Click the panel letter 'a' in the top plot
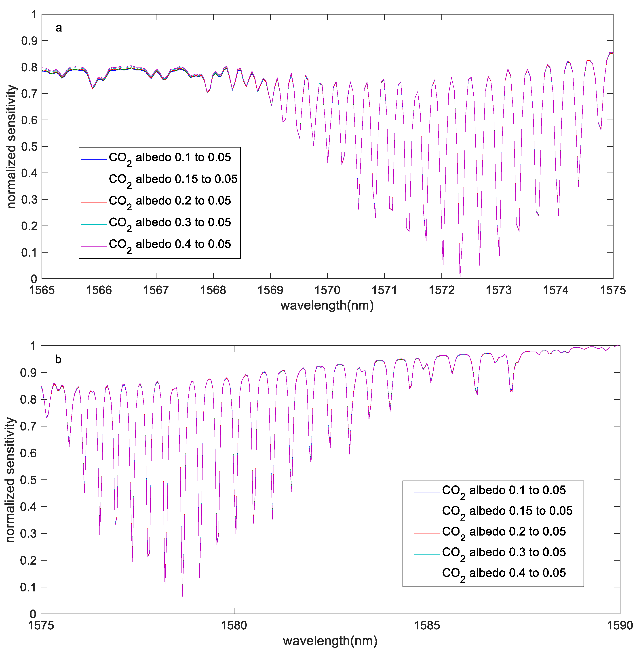pyautogui.click(x=59, y=28)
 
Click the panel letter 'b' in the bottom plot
pyautogui.click(x=58, y=359)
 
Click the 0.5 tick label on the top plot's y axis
pyautogui.click(x=29, y=147)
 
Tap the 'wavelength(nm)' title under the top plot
pyautogui.click(x=327, y=305)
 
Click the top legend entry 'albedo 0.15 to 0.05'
pyautogui.click(x=173, y=179)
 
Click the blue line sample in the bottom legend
pyautogui.click(x=427, y=492)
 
